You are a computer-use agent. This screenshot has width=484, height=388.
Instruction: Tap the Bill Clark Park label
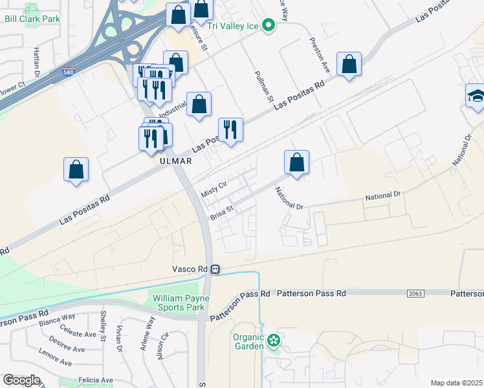coord(32,19)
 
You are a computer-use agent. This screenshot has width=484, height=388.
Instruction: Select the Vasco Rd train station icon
coord(217,269)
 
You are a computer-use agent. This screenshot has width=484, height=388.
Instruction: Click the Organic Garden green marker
coord(274,339)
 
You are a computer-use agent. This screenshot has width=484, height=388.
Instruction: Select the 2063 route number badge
coord(415,294)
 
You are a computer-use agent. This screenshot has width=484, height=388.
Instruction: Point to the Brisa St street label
coord(221,212)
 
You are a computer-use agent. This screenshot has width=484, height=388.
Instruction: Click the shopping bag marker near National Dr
coord(296,162)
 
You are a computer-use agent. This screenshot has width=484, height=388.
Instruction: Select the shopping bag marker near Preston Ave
coord(349,64)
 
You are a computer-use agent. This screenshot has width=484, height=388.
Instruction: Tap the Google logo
coord(21,380)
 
